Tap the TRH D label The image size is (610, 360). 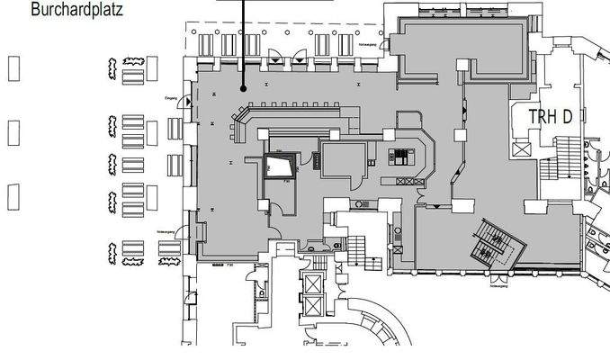(x=551, y=116)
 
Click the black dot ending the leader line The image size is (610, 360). (x=243, y=87)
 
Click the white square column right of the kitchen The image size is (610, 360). (x=462, y=135)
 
